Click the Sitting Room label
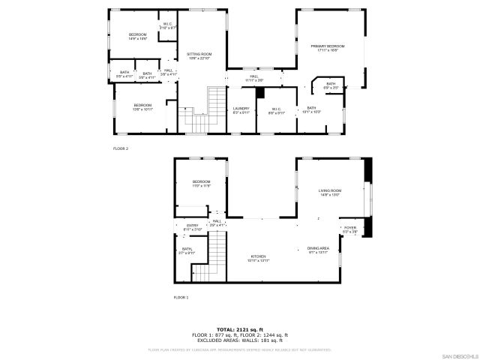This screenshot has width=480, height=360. tap(199, 56)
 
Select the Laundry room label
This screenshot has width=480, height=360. tap(241, 110)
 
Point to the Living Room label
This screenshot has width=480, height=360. tap(330, 193)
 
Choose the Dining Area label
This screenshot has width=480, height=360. tap(318, 250)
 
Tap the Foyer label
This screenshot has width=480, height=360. tap(349, 229)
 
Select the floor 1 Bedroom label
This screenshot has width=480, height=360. tap(201, 183)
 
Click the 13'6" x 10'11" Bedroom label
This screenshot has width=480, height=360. tap(142, 106)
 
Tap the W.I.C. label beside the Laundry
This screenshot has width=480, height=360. tap(276, 110)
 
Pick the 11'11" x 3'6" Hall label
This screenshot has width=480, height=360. tap(254, 78)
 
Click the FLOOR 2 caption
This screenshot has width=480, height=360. tap(121, 148)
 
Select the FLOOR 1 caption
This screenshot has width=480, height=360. tap(181, 298)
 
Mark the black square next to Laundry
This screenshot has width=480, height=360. tap(260, 93)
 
